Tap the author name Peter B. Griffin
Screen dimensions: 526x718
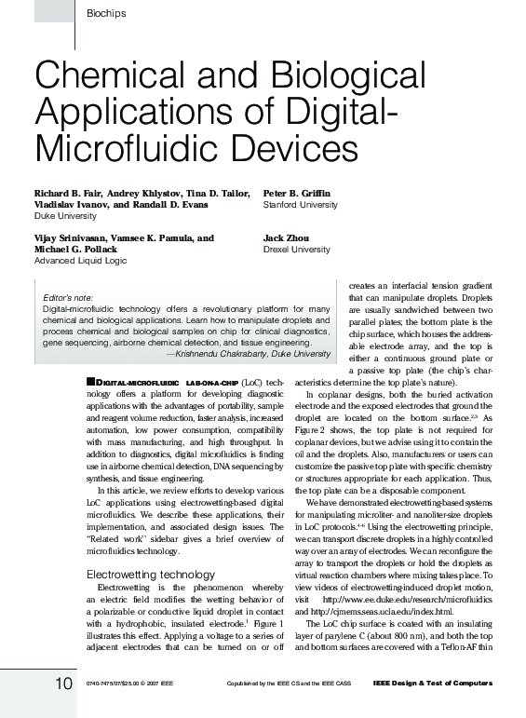coord(297,193)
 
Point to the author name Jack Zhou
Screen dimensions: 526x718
coord(283,238)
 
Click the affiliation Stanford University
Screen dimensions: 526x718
coord(301,204)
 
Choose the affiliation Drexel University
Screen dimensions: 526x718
coord(297,250)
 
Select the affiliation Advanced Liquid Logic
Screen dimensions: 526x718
coord(79,261)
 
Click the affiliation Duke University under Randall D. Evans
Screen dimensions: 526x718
coord(58,215)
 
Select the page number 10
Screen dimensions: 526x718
coord(61,684)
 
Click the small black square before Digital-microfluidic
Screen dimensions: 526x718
coord(89,382)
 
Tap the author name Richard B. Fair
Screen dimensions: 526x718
coord(67,193)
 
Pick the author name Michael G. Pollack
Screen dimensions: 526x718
coord(76,250)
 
